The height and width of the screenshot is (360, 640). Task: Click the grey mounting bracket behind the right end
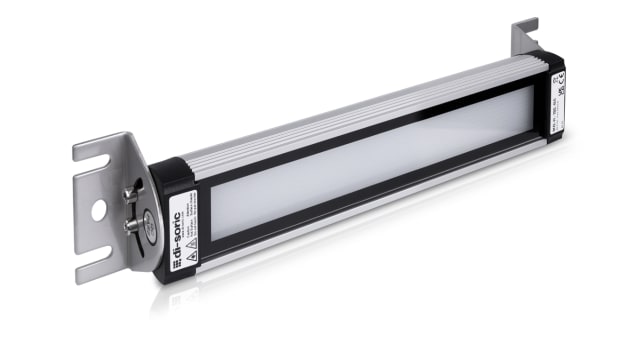click(x=524, y=40)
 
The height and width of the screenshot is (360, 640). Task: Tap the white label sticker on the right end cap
click(x=558, y=96)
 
